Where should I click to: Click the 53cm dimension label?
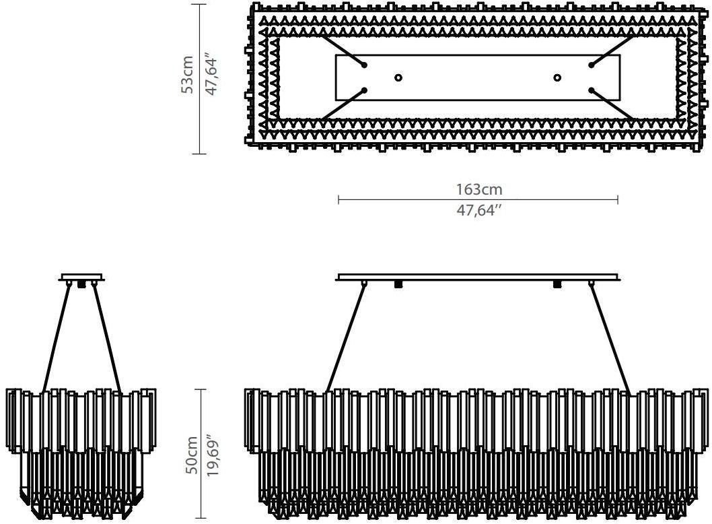[187, 75]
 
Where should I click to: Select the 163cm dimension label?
[479, 189]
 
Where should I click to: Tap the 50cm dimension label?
[191, 455]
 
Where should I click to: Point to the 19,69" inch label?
[213, 456]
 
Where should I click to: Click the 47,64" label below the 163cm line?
[479, 210]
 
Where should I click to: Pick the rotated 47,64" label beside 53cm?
[211, 75]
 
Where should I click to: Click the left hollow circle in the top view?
[398, 77]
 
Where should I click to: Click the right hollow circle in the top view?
[557, 77]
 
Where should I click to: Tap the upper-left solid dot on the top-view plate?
[364, 65]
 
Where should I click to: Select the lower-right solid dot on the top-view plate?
[592, 90]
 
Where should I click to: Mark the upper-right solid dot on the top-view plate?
[592, 65]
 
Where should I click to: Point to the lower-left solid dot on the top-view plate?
[364, 90]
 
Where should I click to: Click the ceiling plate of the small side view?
[81, 277]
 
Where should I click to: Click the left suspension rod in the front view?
[345, 337]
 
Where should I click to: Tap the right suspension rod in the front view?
[610, 337]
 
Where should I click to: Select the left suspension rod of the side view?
[57, 337]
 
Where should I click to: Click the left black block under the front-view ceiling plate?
[398, 284]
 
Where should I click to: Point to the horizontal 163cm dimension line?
[478, 199]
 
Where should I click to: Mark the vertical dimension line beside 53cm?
[199, 79]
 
